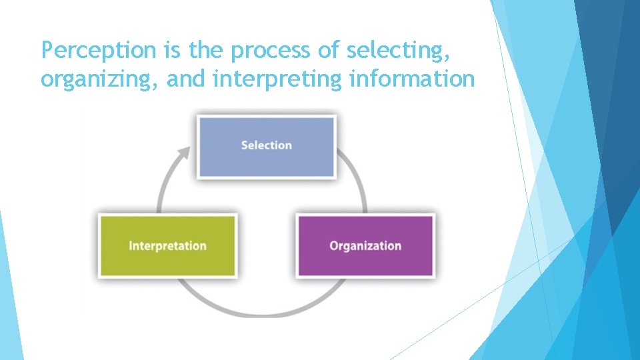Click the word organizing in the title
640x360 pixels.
99,80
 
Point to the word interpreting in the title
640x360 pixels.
277,80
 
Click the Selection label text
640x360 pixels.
266,145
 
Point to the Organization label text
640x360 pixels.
365,245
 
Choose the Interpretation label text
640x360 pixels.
167,245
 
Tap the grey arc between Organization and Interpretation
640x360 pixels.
267,310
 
